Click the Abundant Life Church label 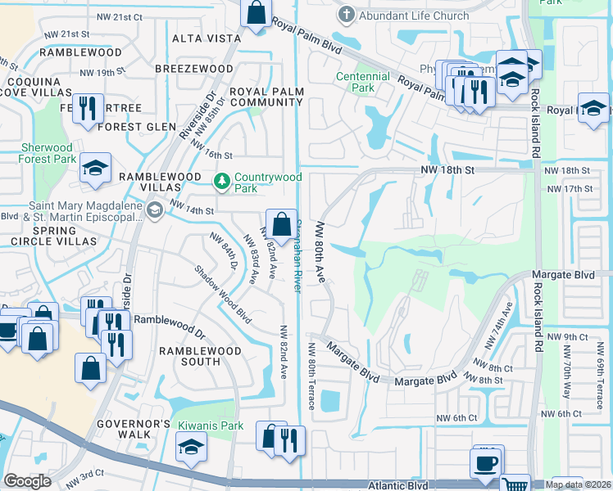click(415, 16)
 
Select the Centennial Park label click(363, 82)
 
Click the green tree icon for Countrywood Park click(221, 180)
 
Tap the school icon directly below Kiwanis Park click(191, 447)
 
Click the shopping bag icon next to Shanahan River click(280, 223)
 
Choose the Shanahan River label click(298, 254)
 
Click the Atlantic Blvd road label click(398, 484)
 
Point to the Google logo click(27, 481)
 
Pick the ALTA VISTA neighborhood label click(202, 38)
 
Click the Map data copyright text click(576, 484)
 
